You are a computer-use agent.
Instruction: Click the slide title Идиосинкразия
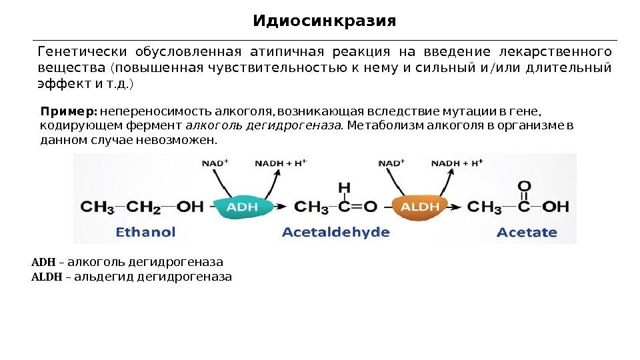point(324,21)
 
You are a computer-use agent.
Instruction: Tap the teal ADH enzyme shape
point(242,207)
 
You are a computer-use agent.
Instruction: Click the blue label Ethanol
point(146,232)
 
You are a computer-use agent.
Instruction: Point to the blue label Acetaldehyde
point(336,232)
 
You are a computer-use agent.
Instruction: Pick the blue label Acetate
point(527,232)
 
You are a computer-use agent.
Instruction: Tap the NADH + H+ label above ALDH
point(457,163)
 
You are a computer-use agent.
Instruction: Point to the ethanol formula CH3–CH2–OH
point(142,207)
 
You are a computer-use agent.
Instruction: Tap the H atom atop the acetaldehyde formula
point(344,187)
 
